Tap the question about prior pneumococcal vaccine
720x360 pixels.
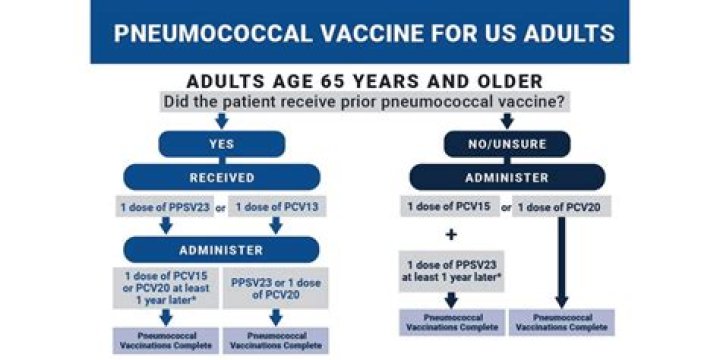(x=363, y=102)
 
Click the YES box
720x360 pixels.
(x=221, y=144)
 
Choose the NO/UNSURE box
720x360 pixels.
(x=506, y=144)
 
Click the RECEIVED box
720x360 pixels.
(x=221, y=177)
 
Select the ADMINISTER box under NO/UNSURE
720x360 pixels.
(x=506, y=177)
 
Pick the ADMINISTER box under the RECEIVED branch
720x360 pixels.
(x=221, y=249)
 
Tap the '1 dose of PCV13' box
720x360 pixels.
(x=276, y=207)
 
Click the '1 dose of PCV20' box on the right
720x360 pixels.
(x=562, y=207)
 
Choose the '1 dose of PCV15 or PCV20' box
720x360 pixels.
(x=163, y=288)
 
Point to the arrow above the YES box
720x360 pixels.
(x=221, y=121)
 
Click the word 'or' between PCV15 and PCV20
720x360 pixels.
(x=505, y=207)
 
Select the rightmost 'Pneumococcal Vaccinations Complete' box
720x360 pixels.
(x=562, y=322)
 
